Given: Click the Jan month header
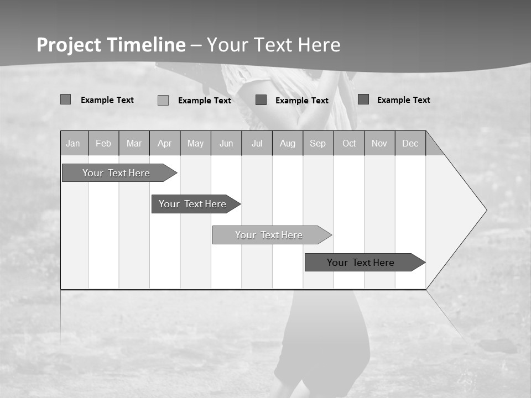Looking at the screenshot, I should (x=74, y=143).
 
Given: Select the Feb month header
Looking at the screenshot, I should (x=103, y=143).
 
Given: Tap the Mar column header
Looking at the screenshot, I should (x=134, y=143).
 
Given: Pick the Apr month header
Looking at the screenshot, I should (x=165, y=143).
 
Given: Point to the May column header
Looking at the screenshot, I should (x=195, y=143).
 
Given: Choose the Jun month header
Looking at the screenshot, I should (x=226, y=143).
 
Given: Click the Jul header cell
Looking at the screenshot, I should (x=257, y=143).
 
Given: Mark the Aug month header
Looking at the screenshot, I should (x=288, y=143).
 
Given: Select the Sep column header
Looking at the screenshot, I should (x=318, y=143).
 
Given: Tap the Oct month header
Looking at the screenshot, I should (x=349, y=143).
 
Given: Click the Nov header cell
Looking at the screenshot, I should (x=379, y=143).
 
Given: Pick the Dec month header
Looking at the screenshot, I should (x=410, y=143).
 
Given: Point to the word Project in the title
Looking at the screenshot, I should (x=69, y=45).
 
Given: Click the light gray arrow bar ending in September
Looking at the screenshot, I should (x=269, y=235).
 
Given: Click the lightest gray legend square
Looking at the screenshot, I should (x=163, y=100).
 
